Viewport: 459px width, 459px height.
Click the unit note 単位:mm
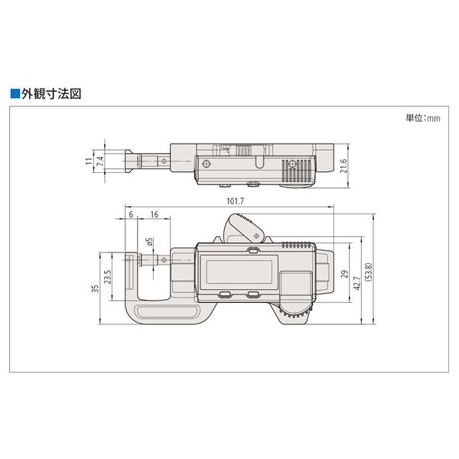(x=424, y=119)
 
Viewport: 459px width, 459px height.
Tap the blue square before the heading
(x=14, y=95)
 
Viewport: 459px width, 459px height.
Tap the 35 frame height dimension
(x=94, y=288)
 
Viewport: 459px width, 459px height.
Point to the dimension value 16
(x=155, y=216)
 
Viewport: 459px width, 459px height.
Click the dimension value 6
(x=132, y=216)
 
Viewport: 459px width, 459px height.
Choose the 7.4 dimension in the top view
(x=99, y=162)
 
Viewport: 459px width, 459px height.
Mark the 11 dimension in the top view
(x=89, y=162)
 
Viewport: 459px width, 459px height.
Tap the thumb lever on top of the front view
(x=243, y=228)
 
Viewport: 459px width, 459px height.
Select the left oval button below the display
(x=226, y=294)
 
